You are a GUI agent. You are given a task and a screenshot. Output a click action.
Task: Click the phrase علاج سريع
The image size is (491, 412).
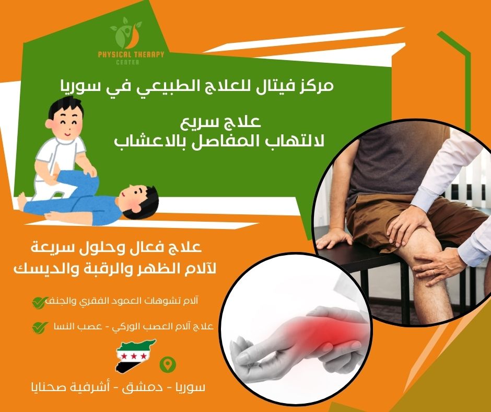229,124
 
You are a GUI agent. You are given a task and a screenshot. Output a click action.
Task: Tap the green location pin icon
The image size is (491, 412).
167,364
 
